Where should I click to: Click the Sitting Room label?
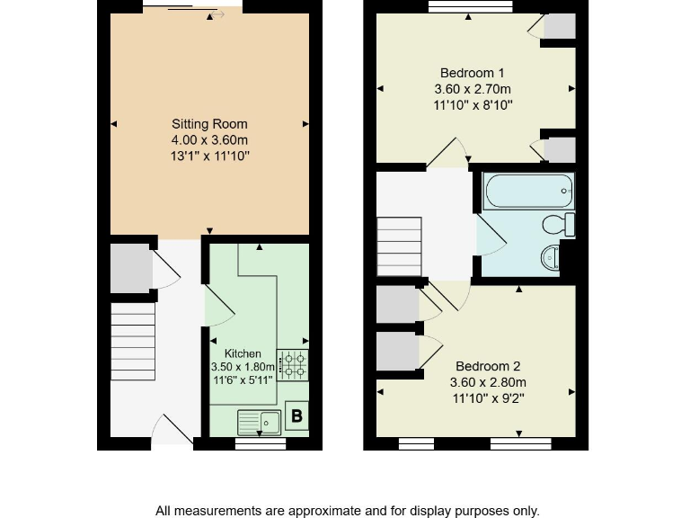pos(209,124)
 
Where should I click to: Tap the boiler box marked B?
pos(296,416)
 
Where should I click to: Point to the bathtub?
pos(528,191)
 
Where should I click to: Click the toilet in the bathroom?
pos(560,225)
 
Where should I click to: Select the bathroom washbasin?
pos(551,259)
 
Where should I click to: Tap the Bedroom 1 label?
pos(472,73)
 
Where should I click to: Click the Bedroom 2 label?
pos(488,366)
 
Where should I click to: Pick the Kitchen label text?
pos(243,353)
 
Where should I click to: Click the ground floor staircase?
pos(132,341)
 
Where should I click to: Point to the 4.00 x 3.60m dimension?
pos(209,140)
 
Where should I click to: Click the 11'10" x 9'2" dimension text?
pos(488,397)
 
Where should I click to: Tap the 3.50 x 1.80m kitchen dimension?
pos(243,367)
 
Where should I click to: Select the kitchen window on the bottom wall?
pos(261,443)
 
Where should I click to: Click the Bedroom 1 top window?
pos(471,6)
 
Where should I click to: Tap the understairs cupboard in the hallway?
pos(131,268)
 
